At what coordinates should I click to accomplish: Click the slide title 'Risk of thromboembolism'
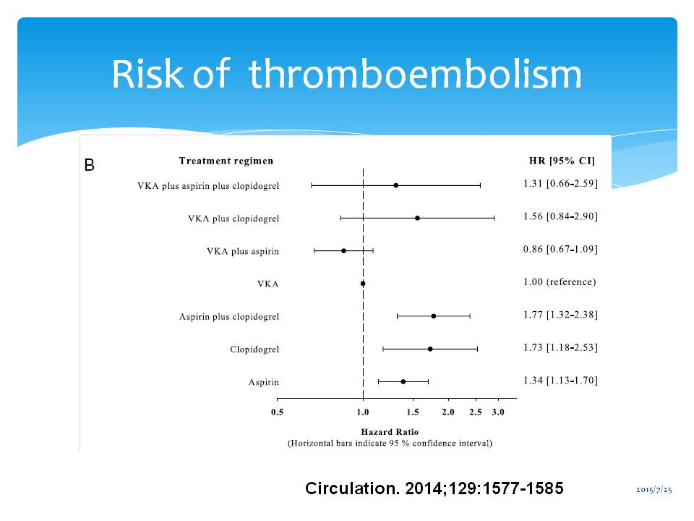pos(346,74)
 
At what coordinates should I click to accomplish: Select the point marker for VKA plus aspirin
pos(343,250)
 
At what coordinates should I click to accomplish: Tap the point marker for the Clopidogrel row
pos(430,349)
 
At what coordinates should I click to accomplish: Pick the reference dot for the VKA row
pos(363,284)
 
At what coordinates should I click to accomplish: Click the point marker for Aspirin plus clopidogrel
pos(433,316)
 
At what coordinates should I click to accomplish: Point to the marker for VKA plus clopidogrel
pos(417,218)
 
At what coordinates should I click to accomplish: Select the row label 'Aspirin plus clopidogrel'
pos(229,317)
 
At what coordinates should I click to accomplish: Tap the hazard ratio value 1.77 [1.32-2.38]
pos(560,315)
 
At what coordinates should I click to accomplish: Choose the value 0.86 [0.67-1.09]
pos(560,250)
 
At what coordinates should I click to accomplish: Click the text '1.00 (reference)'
pos(560,282)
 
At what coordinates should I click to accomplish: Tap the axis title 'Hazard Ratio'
pos(390,432)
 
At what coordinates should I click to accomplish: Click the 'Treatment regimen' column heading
pos(226,161)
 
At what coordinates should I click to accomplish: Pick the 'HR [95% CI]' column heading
pos(562,161)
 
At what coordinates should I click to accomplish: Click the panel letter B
pos(89,166)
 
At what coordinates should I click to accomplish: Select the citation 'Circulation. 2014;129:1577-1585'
pos(434,488)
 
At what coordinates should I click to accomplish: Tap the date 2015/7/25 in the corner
pos(654,491)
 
